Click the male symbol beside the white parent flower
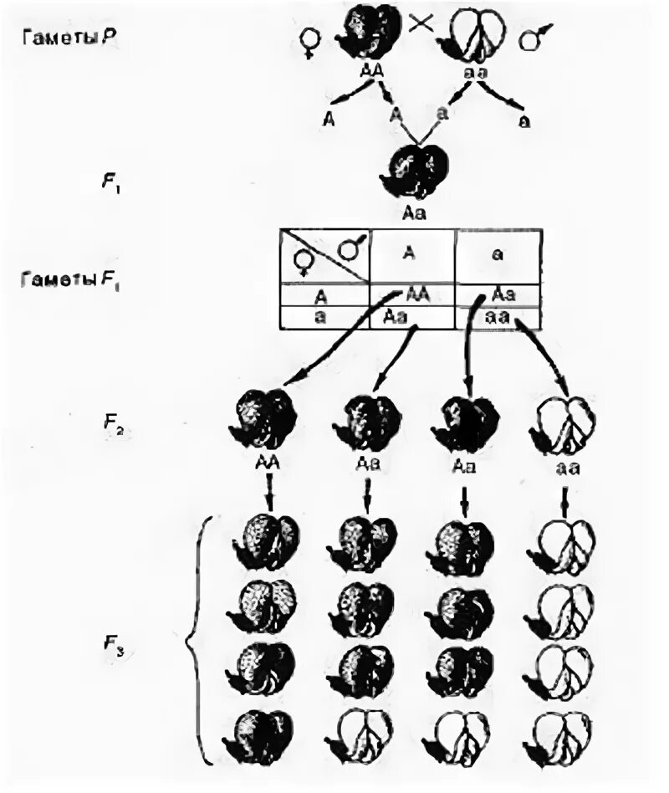pyautogui.click(x=535, y=39)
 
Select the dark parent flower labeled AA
pyautogui.click(x=369, y=34)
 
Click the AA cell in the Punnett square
pyautogui.click(x=411, y=294)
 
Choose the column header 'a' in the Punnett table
pyautogui.click(x=497, y=255)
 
